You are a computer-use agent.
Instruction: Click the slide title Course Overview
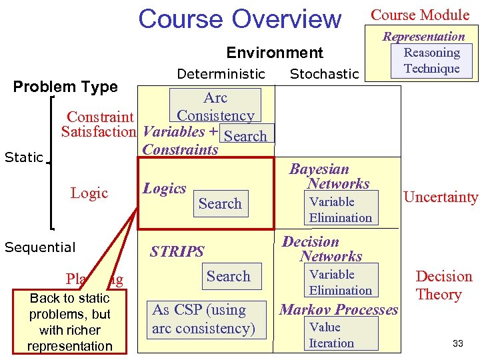tap(239, 19)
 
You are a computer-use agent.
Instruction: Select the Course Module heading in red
tap(420, 15)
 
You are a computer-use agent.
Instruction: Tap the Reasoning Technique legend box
tap(431, 61)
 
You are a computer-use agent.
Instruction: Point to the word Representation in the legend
tap(423, 37)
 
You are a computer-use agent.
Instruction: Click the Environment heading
tap(275, 53)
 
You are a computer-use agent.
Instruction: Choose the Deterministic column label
tap(221, 74)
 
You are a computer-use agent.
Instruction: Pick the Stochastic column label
tap(324, 74)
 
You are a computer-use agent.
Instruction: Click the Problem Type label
tap(65, 87)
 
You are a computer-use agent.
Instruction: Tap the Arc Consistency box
tap(215, 107)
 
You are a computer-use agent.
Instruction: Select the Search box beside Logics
tap(220, 204)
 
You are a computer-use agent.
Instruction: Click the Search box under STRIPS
tap(228, 277)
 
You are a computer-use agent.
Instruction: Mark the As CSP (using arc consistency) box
tap(203, 319)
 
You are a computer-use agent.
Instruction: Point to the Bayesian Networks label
tap(329, 177)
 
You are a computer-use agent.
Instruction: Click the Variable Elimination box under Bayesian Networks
tap(340, 209)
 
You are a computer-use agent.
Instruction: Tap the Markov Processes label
tap(339, 309)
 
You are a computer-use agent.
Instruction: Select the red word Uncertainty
tap(441, 197)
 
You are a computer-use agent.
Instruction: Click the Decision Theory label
tap(443, 285)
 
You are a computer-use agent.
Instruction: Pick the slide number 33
tap(457, 343)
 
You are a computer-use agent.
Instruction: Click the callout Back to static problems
tap(70, 322)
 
